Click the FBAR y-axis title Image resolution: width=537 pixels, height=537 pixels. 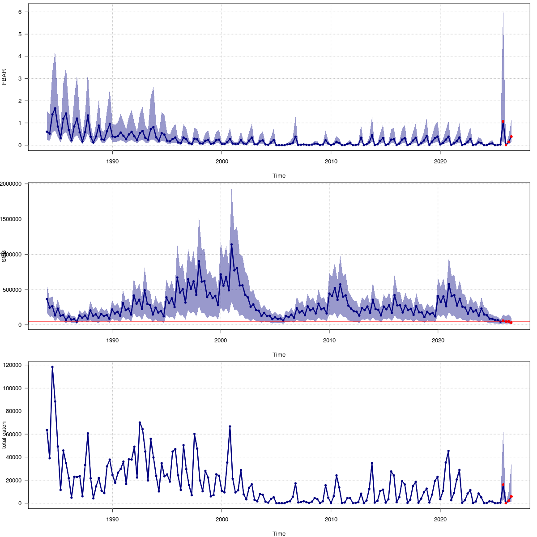[4, 77]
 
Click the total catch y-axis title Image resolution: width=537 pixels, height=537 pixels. [4, 435]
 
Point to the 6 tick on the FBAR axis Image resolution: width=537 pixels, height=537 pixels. [20, 12]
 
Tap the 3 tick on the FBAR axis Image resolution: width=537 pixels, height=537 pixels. [20, 79]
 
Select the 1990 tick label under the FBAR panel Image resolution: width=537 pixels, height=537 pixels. [112, 162]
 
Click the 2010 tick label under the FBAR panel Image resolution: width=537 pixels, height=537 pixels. [331, 162]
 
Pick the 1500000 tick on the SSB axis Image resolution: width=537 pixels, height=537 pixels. [14, 219]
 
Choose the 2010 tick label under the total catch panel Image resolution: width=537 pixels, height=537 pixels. [331, 520]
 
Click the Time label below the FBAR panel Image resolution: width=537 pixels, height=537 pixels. [279, 176]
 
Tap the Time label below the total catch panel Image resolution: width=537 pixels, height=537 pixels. [279, 533]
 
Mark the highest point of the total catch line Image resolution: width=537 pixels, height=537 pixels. [52, 367]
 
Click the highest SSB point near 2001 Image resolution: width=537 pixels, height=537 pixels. [231, 244]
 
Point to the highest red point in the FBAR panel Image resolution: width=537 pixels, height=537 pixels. [503, 121]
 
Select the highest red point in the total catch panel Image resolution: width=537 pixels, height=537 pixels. [503, 485]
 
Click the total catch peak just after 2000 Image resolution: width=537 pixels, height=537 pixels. [230, 426]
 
